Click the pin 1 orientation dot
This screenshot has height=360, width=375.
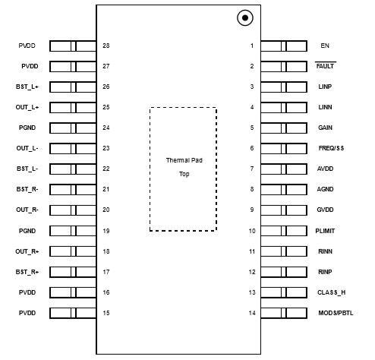coord(245,17)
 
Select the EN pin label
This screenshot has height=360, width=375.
coord(325,46)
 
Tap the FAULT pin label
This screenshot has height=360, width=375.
coord(325,66)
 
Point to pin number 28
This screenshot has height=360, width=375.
coord(106,46)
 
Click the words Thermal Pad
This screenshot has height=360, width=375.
coord(184,160)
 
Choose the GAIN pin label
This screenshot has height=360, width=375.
coord(325,128)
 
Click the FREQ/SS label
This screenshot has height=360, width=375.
coord(331,148)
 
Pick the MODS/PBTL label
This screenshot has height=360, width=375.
coord(336,313)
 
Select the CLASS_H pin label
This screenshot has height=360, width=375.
coord(332,292)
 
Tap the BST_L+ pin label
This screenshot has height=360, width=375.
coord(27,87)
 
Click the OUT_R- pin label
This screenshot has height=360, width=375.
coord(27,210)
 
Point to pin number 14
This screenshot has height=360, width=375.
coord(252,313)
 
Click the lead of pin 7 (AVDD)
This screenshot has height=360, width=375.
coord(284,169)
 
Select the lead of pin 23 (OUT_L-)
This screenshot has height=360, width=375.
coord(73,148)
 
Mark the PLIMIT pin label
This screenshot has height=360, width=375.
coord(325,231)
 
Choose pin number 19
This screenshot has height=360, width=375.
coord(106,231)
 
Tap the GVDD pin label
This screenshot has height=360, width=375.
coord(325,210)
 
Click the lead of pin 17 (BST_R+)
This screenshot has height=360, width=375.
coord(73,272)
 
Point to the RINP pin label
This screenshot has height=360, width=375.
coord(325,272)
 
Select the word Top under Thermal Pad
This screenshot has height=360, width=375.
coord(184,174)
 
